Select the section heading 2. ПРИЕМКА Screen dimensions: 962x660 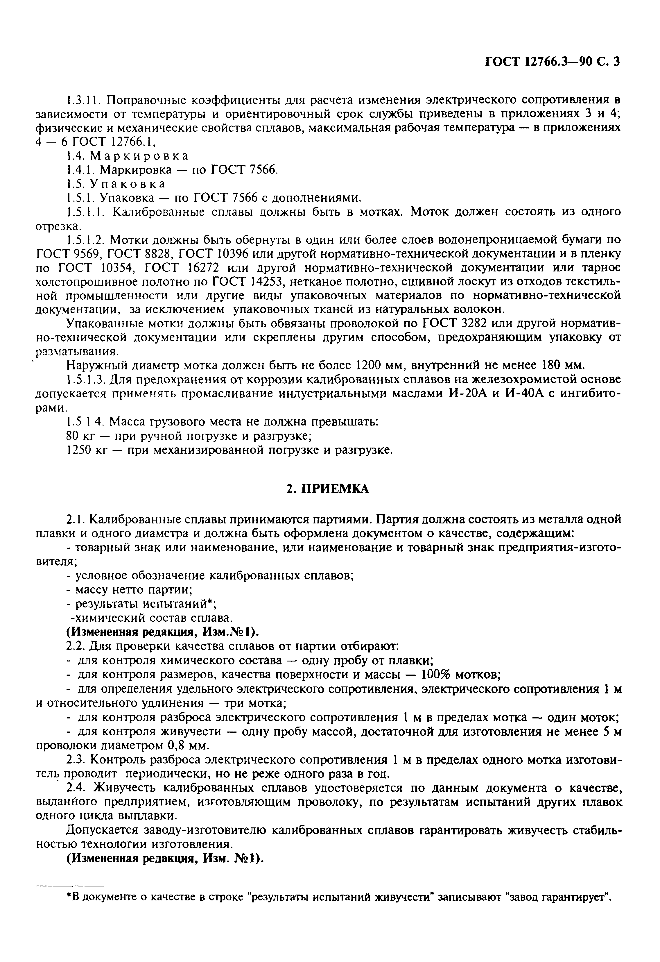click(327, 489)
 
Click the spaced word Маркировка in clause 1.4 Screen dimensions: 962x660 click(139, 156)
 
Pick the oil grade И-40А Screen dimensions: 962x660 click(524, 393)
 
